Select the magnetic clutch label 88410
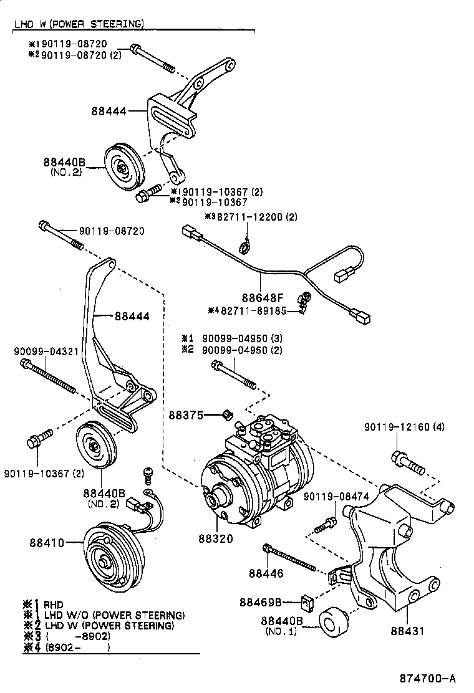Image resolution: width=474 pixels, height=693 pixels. [x=46, y=542]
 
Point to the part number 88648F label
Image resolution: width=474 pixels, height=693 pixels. [x=260, y=297]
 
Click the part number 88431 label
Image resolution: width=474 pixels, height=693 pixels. [x=407, y=631]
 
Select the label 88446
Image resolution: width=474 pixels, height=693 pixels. [x=266, y=573]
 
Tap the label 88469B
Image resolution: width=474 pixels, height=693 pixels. [x=261, y=602]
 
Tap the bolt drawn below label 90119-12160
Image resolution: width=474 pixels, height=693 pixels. [x=407, y=462]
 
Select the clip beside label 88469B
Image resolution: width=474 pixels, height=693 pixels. [x=306, y=602]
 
